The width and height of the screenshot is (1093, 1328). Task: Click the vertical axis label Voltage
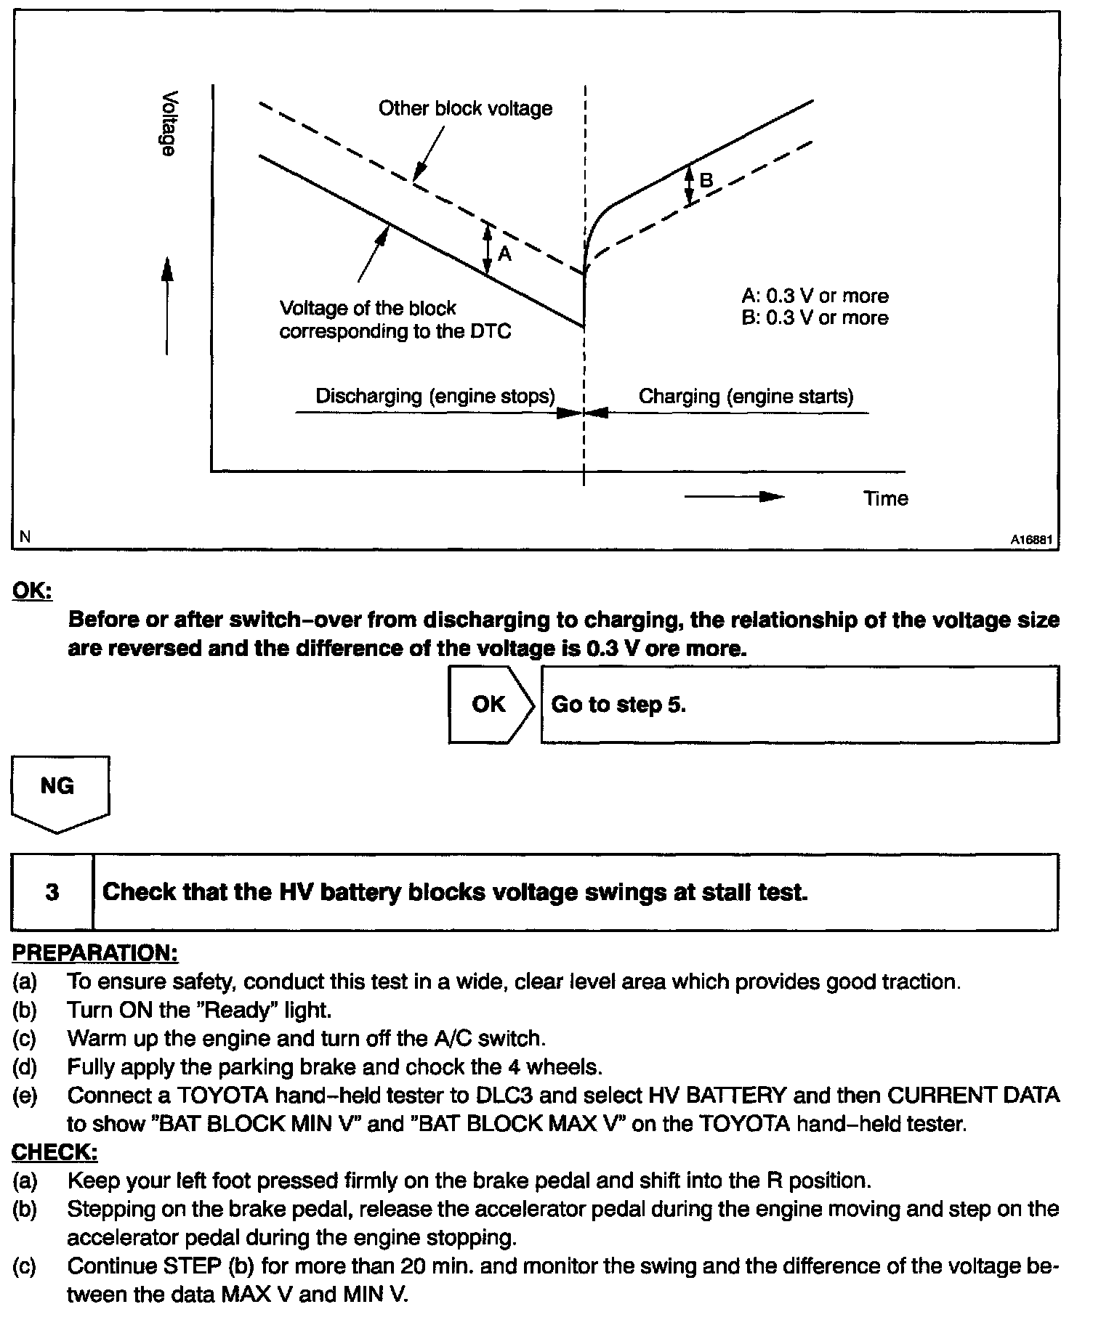[169, 124]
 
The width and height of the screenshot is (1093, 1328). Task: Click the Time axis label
[885, 498]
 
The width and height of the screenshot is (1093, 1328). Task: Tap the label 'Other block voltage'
[465, 109]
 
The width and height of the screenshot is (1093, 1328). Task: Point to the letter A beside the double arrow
[504, 254]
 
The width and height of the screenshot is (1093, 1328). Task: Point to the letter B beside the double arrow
[706, 180]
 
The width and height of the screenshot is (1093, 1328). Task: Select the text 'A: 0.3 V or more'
[815, 296]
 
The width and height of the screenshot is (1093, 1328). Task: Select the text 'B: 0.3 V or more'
[815, 318]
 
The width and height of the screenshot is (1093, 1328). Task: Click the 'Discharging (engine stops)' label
[435, 397]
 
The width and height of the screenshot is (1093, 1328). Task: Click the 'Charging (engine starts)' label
[746, 397]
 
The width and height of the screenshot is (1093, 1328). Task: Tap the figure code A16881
[1031, 540]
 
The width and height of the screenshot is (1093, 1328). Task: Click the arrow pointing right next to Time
[734, 497]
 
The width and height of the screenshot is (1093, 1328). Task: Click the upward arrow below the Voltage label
[167, 305]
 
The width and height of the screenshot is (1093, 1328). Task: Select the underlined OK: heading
[32, 591]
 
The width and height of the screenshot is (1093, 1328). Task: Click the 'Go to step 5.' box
[799, 705]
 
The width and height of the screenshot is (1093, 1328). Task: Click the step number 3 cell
[52, 892]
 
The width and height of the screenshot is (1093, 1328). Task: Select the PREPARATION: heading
[95, 953]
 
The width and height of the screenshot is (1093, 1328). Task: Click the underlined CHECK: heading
[55, 1152]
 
